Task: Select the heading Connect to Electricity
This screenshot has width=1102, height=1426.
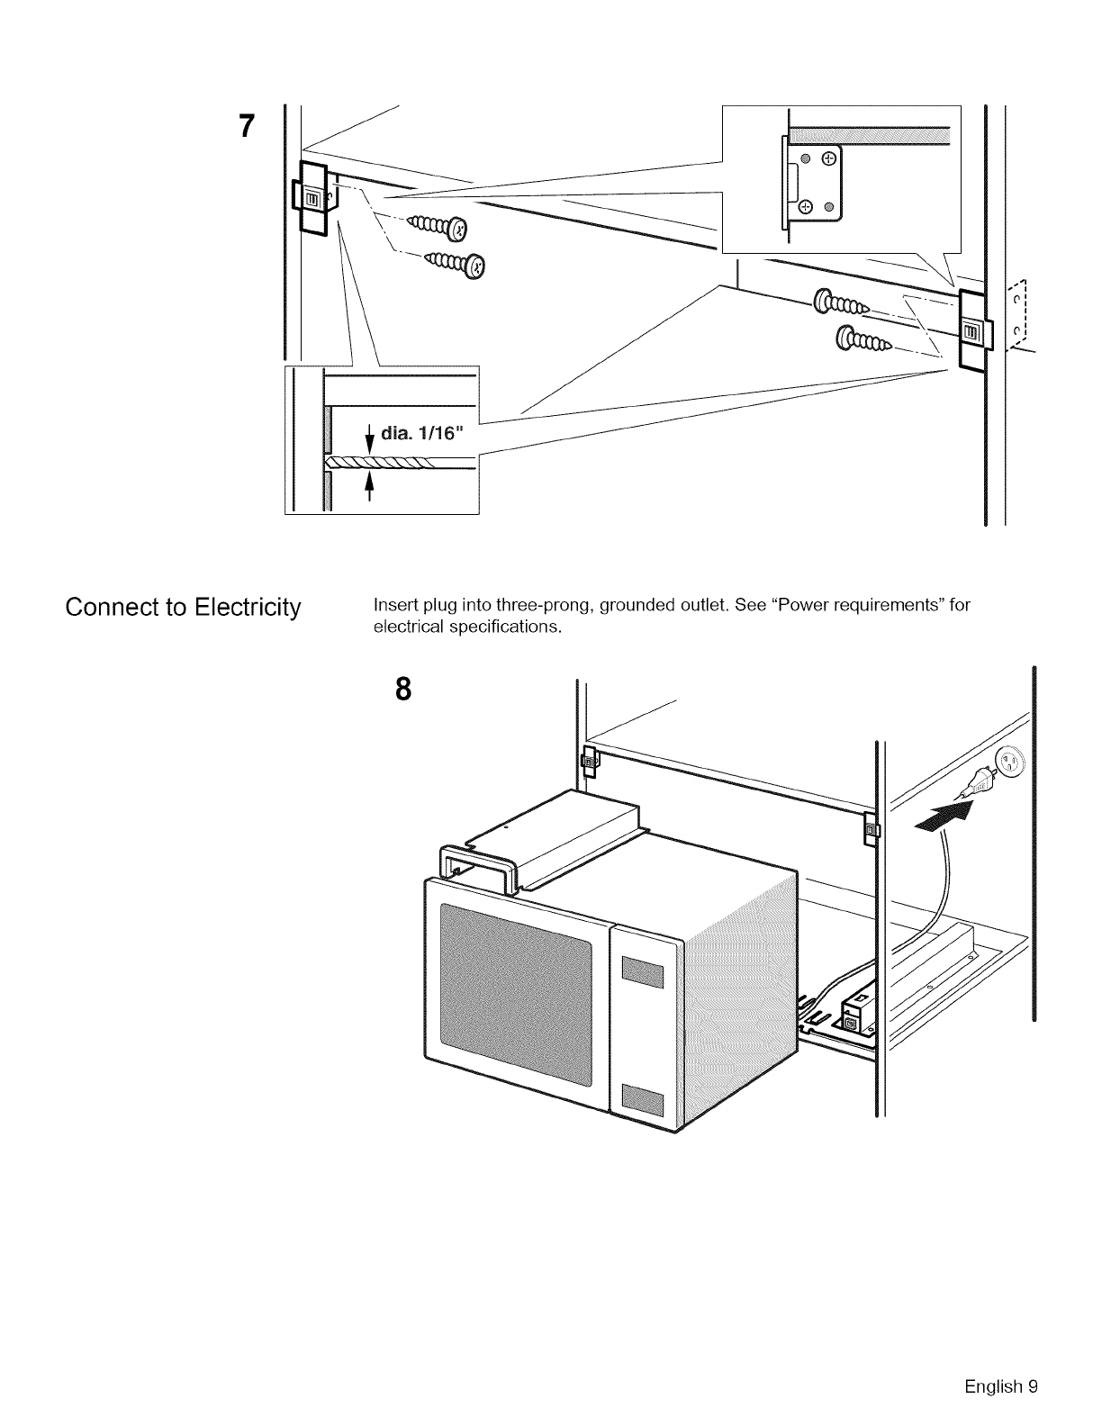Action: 182,608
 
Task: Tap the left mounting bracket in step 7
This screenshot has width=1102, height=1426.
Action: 310,198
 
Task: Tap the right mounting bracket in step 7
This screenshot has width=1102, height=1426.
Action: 971,331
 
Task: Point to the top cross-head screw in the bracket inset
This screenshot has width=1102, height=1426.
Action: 829,158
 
